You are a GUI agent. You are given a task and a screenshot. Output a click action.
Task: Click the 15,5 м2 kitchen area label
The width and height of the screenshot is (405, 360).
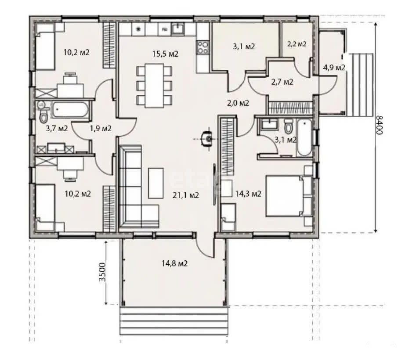point(165,54)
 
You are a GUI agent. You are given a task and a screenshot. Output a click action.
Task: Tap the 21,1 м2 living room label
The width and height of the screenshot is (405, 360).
point(186,195)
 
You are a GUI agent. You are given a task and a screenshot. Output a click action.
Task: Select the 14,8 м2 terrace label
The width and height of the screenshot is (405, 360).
point(174,263)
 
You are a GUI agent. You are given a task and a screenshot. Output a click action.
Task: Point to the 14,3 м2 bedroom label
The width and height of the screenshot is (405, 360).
point(248,194)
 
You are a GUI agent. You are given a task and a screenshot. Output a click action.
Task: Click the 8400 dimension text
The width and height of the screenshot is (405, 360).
point(379,125)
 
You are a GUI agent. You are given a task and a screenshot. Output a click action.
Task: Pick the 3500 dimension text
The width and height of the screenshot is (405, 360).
point(103,272)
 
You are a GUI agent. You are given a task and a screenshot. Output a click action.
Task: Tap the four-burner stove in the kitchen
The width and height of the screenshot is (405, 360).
point(203,47)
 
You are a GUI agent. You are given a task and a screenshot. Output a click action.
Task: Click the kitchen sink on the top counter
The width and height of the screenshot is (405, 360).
point(178,29)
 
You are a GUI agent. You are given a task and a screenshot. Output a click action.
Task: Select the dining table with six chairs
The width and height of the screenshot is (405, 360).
point(155,85)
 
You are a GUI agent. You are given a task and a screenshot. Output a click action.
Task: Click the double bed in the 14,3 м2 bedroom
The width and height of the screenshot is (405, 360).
point(289,196)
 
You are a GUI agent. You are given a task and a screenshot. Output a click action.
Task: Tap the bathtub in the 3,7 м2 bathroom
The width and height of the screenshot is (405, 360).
point(70,110)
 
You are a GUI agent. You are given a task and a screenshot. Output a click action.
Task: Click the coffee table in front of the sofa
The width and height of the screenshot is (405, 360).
point(156,183)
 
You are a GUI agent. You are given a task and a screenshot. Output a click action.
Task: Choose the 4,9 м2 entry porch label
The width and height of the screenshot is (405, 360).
point(334,68)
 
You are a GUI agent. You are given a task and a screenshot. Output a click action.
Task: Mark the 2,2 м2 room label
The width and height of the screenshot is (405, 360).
point(297,44)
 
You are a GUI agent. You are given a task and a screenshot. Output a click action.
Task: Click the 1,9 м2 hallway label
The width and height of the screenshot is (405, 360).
point(101,128)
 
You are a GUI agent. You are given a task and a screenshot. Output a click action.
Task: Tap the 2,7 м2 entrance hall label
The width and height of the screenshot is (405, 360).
point(282,82)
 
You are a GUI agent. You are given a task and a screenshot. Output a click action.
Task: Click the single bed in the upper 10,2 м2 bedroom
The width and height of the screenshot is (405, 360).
point(45,47)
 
